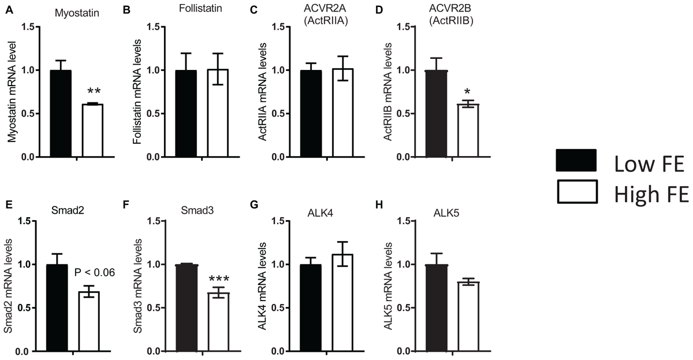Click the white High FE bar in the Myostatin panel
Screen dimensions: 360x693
coord(92,131)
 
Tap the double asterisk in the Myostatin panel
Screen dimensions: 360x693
coord(93,93)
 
